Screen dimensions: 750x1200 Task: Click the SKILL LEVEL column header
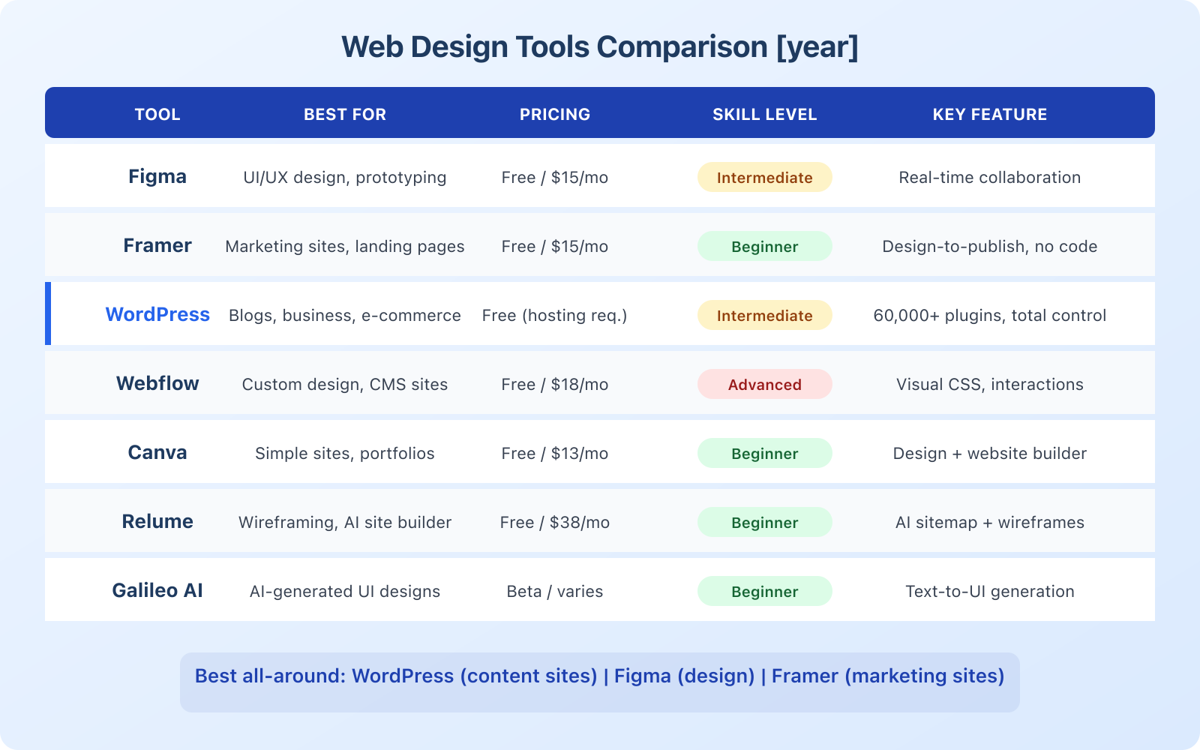pyautogui.click(x=764, y=115)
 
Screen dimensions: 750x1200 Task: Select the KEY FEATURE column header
pyautogui.click(x=989, y=115)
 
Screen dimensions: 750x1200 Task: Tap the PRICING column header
pyautogui.click(x=555, y=115)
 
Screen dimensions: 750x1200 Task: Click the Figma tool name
pyautogui.click(x=157, y=177)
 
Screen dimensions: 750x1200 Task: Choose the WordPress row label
pyautogui.click(x=157, y=315)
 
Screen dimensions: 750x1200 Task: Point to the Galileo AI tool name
pyautogui.click(x=157, y=591)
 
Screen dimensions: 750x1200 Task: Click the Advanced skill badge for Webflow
pyautogui.click(x=764, y=385)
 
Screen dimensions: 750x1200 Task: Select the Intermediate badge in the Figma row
pyautogui.click(x=764, y=178)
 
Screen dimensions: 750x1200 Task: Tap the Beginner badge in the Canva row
pyautogui.click(x=764, y=454)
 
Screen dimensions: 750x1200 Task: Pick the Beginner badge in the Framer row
pyautogui.click(x=764, y=247)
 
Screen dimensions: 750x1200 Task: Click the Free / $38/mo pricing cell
pyautogui.click(x=555, y=523)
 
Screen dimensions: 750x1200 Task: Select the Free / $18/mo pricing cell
pyautogui.click(x=555, y=385)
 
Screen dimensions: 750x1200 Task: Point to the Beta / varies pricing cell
pyautogui.click(x=555, y=592)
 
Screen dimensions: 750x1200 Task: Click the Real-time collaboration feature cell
pyautogui.click(x=989, y=178)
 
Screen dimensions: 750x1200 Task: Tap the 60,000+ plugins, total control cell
pyautogui.click(x=989, y=316)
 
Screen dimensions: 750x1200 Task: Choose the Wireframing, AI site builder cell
pyautogui.click(x=345, y=523)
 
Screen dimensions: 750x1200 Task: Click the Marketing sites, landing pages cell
pyautogui.click(x=345, y=247)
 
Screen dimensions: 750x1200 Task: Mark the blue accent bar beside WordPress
pyautogui.click(x=48, y=313)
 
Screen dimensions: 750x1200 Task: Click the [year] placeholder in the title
pyautogui.click(x=817, y=47)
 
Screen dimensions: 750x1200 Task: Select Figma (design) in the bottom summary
pyautogui.click(x=684, y=676)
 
